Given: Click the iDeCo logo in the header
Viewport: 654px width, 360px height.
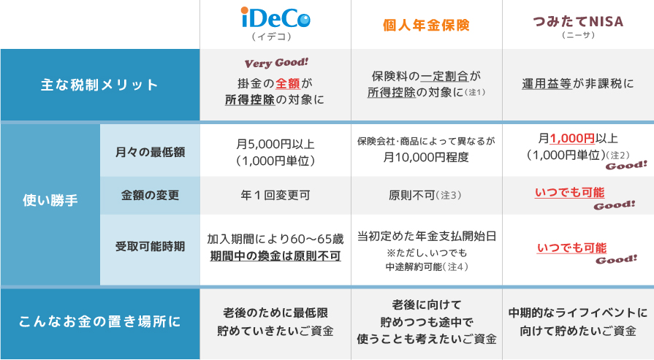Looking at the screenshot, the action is pos(275,18).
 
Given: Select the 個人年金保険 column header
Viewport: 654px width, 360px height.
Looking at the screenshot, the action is pos(426,25).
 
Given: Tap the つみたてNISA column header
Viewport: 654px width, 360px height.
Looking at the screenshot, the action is pos(578,22).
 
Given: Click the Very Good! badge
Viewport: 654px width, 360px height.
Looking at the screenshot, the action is pos(276,63).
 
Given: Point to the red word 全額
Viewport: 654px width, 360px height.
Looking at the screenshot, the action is pos(288,83).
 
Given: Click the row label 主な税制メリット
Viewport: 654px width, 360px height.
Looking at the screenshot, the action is pos(99,85).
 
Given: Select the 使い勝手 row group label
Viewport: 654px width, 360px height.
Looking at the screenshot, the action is pos(50,200).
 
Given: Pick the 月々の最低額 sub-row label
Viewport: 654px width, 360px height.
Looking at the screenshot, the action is pos(150,152).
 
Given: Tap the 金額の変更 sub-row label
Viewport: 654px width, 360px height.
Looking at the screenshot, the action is pos(150,195).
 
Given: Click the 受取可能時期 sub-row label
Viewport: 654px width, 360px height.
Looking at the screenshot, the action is pos(150,246).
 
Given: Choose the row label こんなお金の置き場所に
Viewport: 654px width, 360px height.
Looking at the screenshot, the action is pos(99,322).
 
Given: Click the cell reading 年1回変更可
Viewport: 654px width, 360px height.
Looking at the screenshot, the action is pos(275,195).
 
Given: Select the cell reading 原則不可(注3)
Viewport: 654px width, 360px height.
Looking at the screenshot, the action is pos(425,195).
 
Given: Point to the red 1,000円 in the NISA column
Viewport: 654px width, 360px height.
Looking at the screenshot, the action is pos(572,138).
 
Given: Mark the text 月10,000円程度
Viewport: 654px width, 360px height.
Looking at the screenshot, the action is pos(426,157).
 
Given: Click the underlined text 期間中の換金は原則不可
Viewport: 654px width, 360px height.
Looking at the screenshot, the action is pos(275,256).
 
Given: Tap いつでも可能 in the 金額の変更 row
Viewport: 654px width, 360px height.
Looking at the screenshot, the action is pos(570,193).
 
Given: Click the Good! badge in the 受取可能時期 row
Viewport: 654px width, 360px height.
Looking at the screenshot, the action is pos(616,259).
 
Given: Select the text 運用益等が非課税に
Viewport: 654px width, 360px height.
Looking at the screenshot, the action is pos(578,84).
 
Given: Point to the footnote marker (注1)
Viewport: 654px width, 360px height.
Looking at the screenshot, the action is pos(475,92).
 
